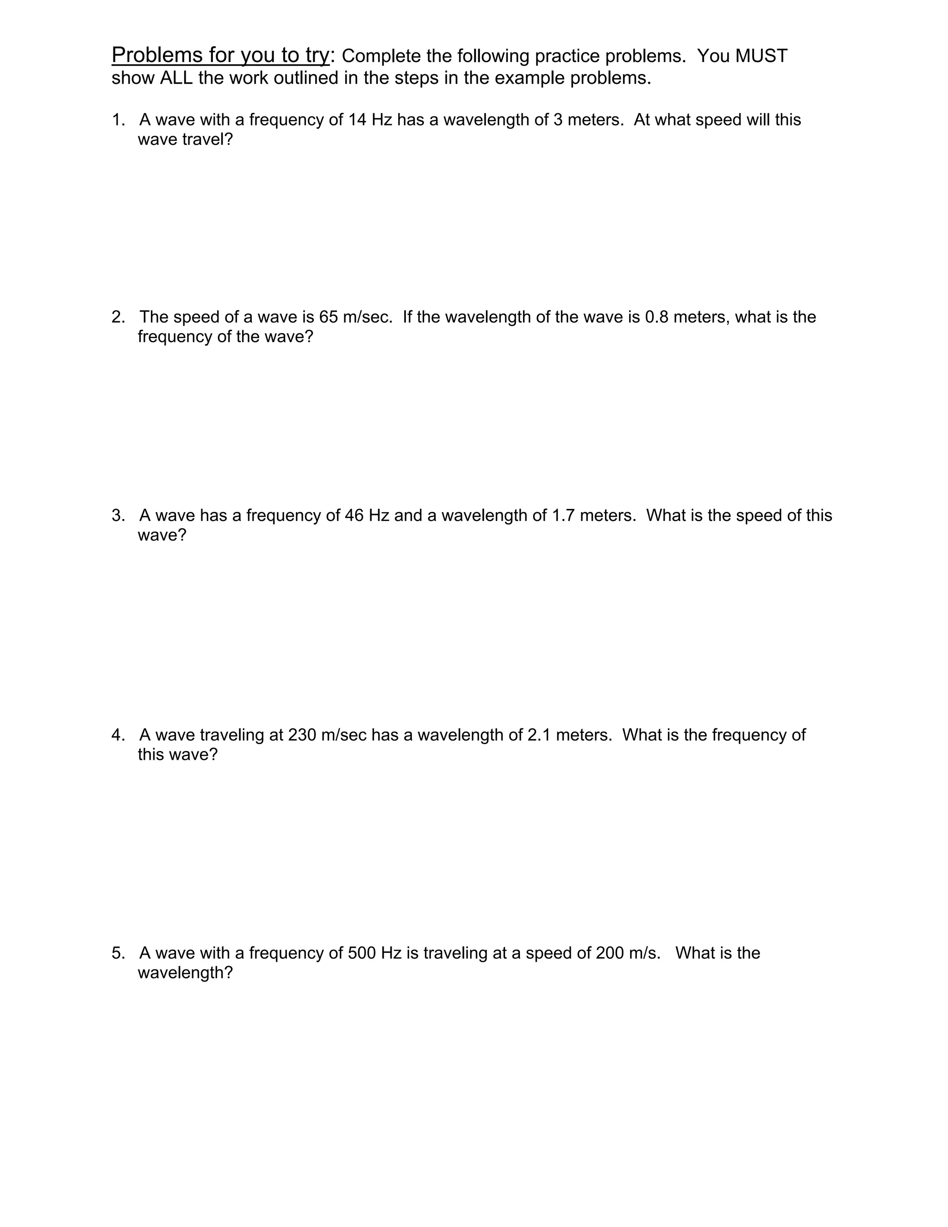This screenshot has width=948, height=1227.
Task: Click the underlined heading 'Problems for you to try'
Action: [x=220, y=55]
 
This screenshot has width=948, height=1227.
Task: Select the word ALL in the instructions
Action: [x=176, y=78]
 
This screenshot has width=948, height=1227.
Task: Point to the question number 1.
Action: [x=118, y=119]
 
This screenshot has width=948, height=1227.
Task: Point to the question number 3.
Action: [x=118, y=515]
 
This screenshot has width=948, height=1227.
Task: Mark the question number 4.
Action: [x=118, y=735]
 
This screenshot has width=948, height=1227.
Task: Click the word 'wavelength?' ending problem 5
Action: [x=185, y=972]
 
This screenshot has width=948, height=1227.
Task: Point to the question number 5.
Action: [x=118, y=953]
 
